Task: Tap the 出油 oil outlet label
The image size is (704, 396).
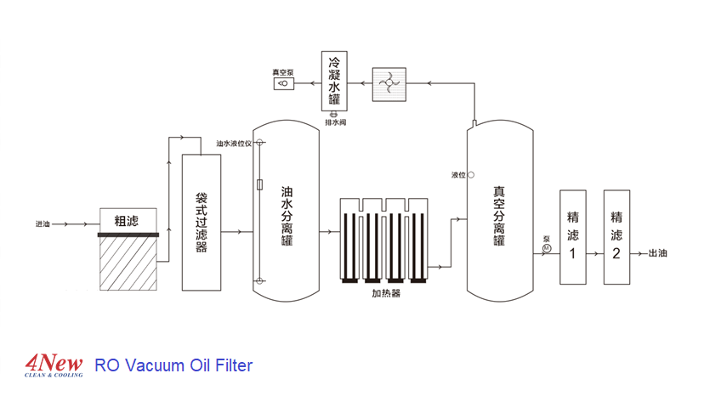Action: click(x=658, y=252)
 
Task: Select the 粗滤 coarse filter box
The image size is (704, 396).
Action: click(x=128, y=220)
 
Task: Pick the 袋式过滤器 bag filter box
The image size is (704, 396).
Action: click(x=202, y=223)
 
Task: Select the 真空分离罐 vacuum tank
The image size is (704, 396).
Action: click(x=499, y=212)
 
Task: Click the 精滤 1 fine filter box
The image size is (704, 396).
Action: click(x=572, y=236)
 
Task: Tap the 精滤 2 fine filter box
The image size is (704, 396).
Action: click(x=617, y=236)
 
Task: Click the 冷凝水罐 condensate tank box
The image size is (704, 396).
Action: click(x=334, y=82)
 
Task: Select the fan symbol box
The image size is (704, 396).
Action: click(x=387, y=82)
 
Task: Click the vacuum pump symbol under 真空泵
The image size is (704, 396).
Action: click(x=281, y=84)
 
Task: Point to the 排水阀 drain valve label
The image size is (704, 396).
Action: click(x=335, y=122)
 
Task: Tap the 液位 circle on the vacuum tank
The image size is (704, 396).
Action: click(x=472, y=175)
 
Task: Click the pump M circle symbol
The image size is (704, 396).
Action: click(x=547, y=247)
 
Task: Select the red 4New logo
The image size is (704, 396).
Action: click(x=54, y=364)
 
